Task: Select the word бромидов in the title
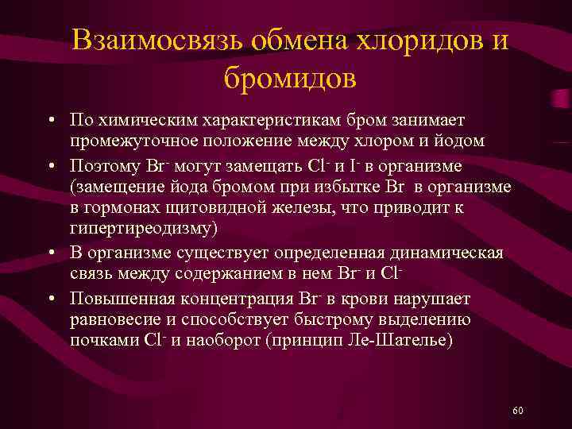point(290,79)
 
